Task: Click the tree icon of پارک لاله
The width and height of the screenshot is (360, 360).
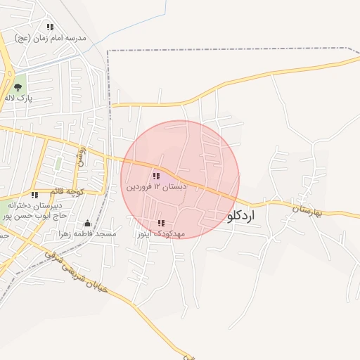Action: click(x=18, y=87)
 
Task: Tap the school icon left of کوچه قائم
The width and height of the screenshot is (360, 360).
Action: click(x=34, y=195)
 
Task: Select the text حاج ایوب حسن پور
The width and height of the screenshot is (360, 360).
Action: click(x=31, y=216)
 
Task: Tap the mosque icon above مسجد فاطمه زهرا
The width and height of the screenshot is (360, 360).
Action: click(x=87, y=223)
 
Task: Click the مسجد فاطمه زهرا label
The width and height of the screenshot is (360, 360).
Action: click(x=88, y=233)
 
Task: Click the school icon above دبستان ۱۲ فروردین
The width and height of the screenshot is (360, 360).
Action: click(x=156, y=176)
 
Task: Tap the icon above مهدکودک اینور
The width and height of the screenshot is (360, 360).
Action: click(x=161, y=222)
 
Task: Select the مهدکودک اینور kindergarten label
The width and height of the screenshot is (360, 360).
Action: click(x=161, y=233)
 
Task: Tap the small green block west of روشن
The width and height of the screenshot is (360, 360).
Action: click(x=59, y=164)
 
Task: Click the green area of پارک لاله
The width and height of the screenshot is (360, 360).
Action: click(x=20, y=79)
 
